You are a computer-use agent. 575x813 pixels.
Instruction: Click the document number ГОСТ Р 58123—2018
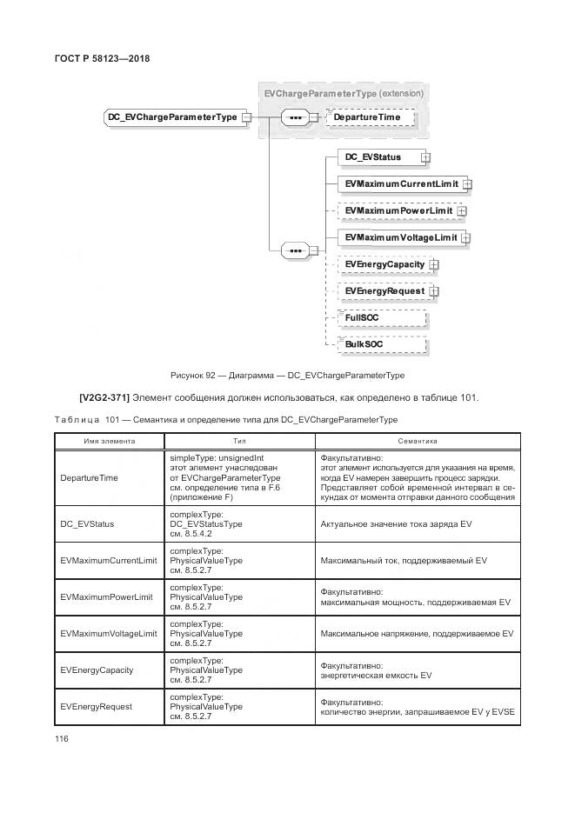(102, 58)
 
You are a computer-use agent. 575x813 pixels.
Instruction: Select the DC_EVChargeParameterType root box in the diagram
(171, 117)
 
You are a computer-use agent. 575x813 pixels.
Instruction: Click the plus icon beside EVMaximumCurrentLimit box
(467, 184)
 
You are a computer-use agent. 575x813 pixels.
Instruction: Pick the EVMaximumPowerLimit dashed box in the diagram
(398, 210)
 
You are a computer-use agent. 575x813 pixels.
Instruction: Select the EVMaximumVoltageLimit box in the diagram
(400, 237)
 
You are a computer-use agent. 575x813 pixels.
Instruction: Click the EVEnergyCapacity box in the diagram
(384, 264)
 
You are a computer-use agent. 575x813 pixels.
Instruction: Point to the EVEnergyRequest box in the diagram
(384, 291)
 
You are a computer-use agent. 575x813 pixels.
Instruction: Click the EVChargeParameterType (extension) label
(343, 92)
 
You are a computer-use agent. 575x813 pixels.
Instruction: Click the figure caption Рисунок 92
(287, 376)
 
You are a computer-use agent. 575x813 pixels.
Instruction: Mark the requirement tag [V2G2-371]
(104, 398)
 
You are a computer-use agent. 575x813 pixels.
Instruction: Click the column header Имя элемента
(110, 442)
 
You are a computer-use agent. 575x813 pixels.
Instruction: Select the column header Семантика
(417, 442)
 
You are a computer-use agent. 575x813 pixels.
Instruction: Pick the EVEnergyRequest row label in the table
(96, 706)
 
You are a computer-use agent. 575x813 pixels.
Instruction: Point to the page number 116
(62, 738)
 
